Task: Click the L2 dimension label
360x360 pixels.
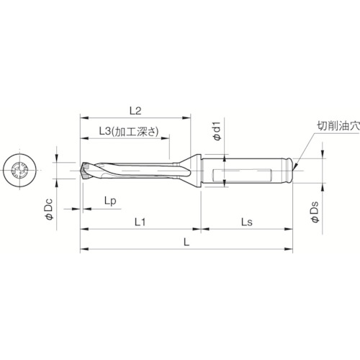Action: coord(135,110)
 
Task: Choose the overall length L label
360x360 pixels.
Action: coord(187,244)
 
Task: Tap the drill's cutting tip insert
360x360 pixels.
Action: coord(86,170)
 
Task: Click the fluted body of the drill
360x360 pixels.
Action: coord(137,171)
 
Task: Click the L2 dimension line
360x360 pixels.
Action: coord(135,118)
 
